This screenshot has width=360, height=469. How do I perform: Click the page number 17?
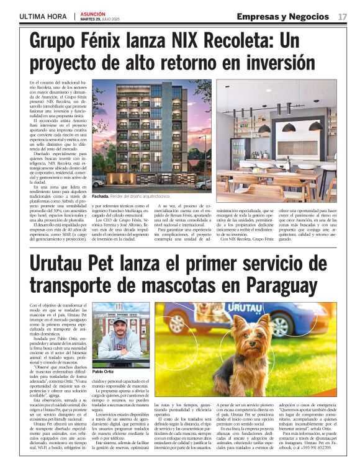(x=343, y=16)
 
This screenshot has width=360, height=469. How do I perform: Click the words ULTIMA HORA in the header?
(x=43, y=16)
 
